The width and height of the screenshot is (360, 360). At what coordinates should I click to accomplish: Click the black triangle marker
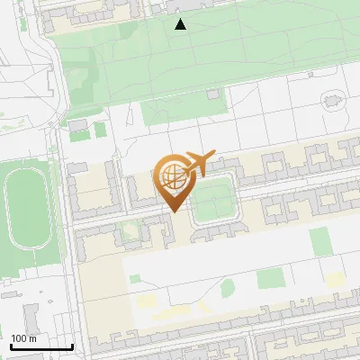[x=181, y=24]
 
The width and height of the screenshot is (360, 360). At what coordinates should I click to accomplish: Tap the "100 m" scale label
[x=24, y=338]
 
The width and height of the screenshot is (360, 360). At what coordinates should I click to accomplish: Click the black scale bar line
[x=41, y=346]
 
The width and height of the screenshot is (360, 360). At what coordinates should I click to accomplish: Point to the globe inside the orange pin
[x=173, y=177]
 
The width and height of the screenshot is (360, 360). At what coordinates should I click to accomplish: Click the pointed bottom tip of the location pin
[x=174, y=211]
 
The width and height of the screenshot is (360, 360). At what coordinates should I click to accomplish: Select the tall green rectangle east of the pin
[x=319, y=241]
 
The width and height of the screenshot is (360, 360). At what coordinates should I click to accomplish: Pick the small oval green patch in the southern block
[x=228, y=288]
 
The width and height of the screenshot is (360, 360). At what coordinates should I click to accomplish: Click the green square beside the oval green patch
[x=269, y=278]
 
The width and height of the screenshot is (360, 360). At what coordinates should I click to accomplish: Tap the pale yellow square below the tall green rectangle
[x=334, y=280]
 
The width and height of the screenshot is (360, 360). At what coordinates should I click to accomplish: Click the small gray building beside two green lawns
[x=77, y=124]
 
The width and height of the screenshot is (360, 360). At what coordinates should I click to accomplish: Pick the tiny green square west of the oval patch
[x=134, y=279]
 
